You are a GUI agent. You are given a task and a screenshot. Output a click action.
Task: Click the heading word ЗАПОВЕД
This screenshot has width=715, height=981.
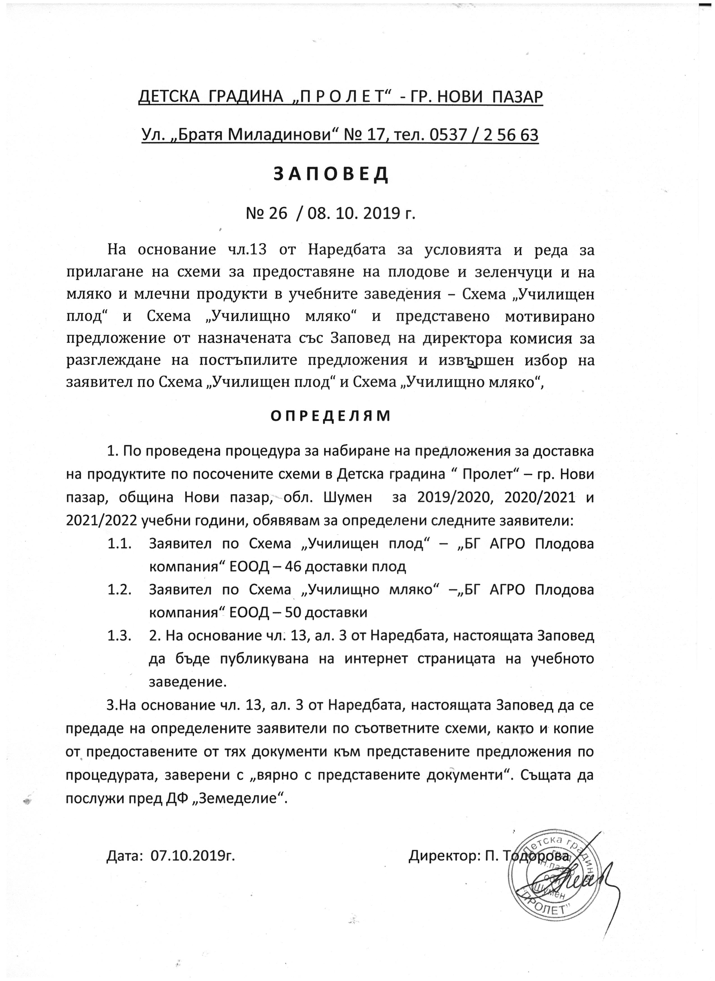tap(331, 174)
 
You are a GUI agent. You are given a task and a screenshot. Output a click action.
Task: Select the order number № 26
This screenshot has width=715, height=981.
tap(266, 214)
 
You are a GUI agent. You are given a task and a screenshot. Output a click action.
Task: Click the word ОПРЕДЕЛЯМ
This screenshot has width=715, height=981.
tap(331, 416)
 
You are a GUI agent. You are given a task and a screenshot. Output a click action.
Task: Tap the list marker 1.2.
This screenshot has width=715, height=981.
tap(119, 590)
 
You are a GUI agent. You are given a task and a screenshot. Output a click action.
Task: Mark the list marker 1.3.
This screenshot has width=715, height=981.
tap(119, 636)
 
